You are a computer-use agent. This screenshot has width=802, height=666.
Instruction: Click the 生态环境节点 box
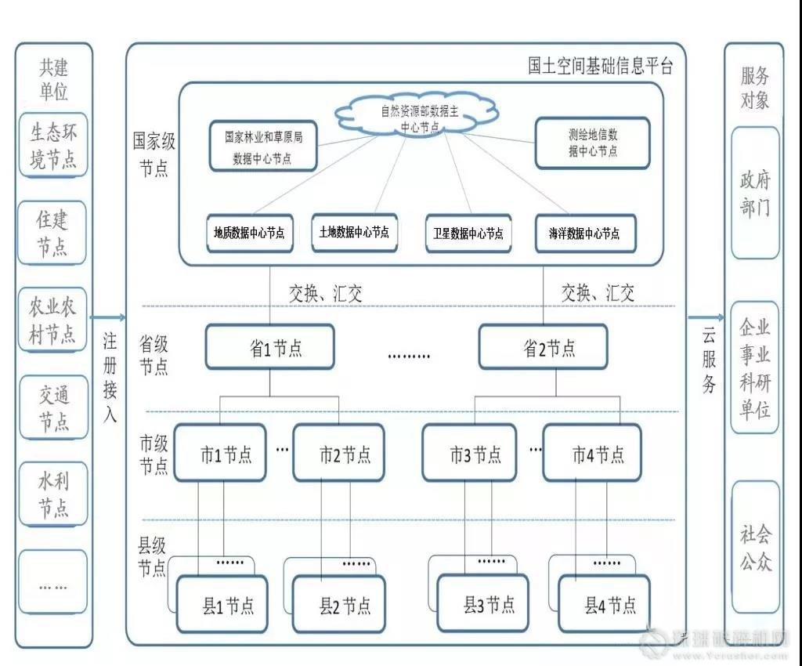[53, 145]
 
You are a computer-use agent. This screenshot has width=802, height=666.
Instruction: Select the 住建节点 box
[53, 233]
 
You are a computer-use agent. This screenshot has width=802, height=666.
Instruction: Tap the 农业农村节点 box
[53, 320]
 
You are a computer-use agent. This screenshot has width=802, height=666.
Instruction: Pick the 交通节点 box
[53, 407]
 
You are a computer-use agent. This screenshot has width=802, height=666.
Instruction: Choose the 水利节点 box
[53, 494]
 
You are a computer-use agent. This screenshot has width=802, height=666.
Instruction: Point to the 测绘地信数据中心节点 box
[592, 143]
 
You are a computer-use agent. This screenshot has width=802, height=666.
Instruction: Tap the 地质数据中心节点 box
[249, 233]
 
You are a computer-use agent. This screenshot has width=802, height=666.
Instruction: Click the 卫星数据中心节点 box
[468, 233]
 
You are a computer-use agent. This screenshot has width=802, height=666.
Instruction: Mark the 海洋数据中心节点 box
[584, 233]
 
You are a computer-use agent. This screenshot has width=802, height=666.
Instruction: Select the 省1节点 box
[269, 347]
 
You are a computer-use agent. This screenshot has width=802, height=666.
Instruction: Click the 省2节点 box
[543, 347]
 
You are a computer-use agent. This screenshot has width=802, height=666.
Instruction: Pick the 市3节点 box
[469, 453]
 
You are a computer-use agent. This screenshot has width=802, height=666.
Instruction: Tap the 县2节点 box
[339, 604]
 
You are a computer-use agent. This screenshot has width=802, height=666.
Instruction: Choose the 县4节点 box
[604, 603]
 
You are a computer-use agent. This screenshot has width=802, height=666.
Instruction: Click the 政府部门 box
[755, 193]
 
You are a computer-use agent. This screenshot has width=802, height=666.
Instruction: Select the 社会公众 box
[755, 547]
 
